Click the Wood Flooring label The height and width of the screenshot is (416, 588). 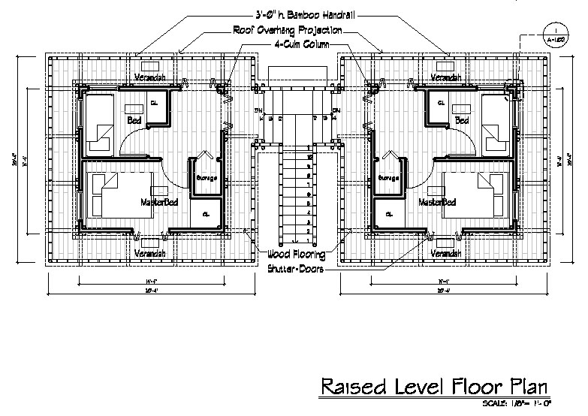point(294,255)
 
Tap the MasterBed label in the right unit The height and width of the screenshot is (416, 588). point(437,202)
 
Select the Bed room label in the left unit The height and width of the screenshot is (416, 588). point(134,120)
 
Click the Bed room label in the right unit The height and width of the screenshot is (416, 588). point(462,120)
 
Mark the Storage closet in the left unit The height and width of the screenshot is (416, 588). point(206,179)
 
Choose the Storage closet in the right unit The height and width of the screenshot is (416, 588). point(388,179)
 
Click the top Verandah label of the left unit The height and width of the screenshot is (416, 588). point(149,77)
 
